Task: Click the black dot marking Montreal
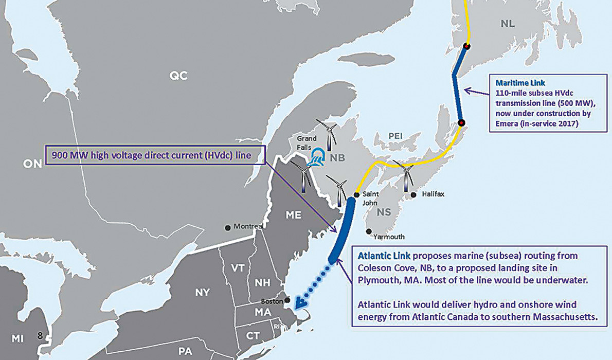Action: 228,227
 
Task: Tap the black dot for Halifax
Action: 413,195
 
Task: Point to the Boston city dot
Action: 287,300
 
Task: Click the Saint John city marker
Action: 356,195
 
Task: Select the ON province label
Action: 32,164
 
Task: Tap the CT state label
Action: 253,335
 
